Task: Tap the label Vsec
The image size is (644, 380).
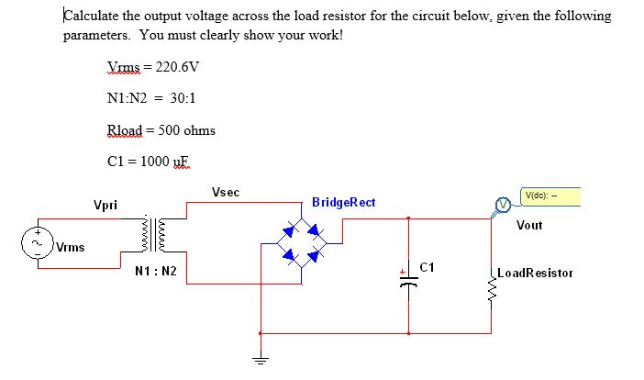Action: click(x=225, y=193)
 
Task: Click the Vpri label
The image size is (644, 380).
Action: click(x=105, y=204)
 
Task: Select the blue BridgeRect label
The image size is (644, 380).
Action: click(x=343, y=202)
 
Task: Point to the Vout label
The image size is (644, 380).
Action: click(x=529, y=225)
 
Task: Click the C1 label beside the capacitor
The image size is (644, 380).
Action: click(x=425, y=267)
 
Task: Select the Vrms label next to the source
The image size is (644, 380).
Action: click(x=70, y=246)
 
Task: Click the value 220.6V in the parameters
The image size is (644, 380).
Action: click(x=178, y=67)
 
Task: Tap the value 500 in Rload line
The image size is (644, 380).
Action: click(x=169, y=129)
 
